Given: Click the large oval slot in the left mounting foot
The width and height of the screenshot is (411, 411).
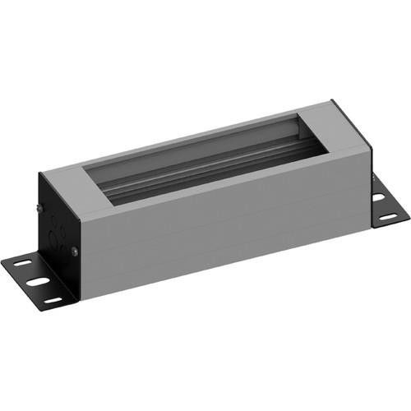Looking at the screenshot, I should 37,282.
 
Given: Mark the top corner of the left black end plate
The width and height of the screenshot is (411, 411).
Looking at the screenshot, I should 40,173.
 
